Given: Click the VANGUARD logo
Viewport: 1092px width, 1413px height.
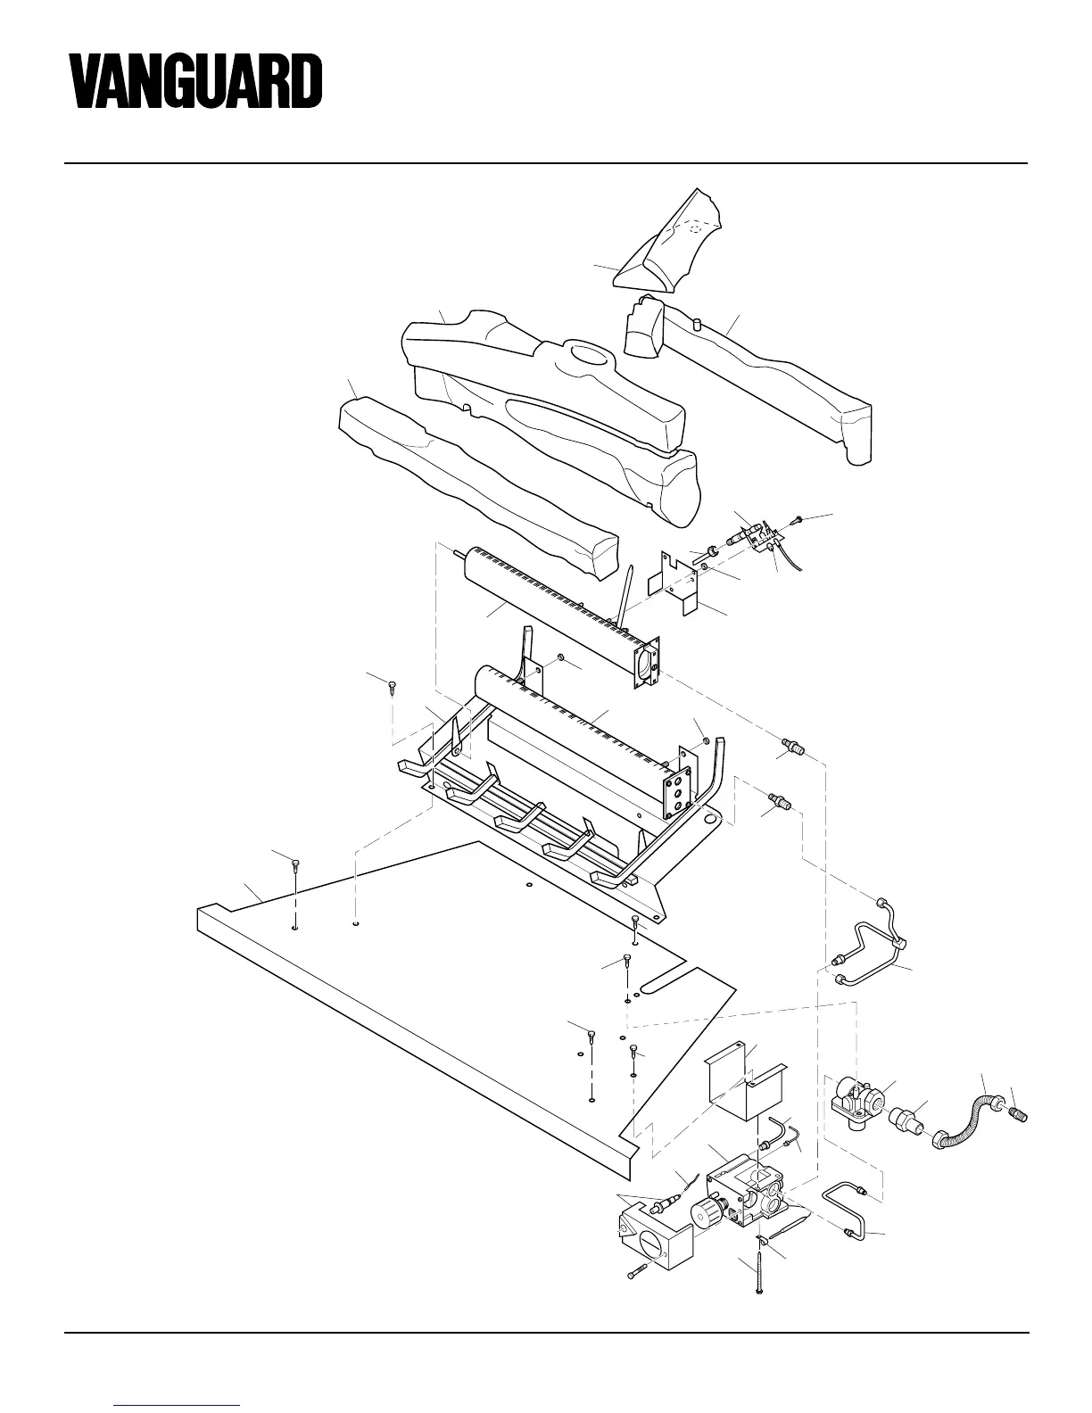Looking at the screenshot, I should point(196,81).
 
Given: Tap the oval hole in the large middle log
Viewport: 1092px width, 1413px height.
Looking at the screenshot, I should point(585,355).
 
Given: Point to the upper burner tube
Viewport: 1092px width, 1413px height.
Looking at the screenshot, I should point(553,607).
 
